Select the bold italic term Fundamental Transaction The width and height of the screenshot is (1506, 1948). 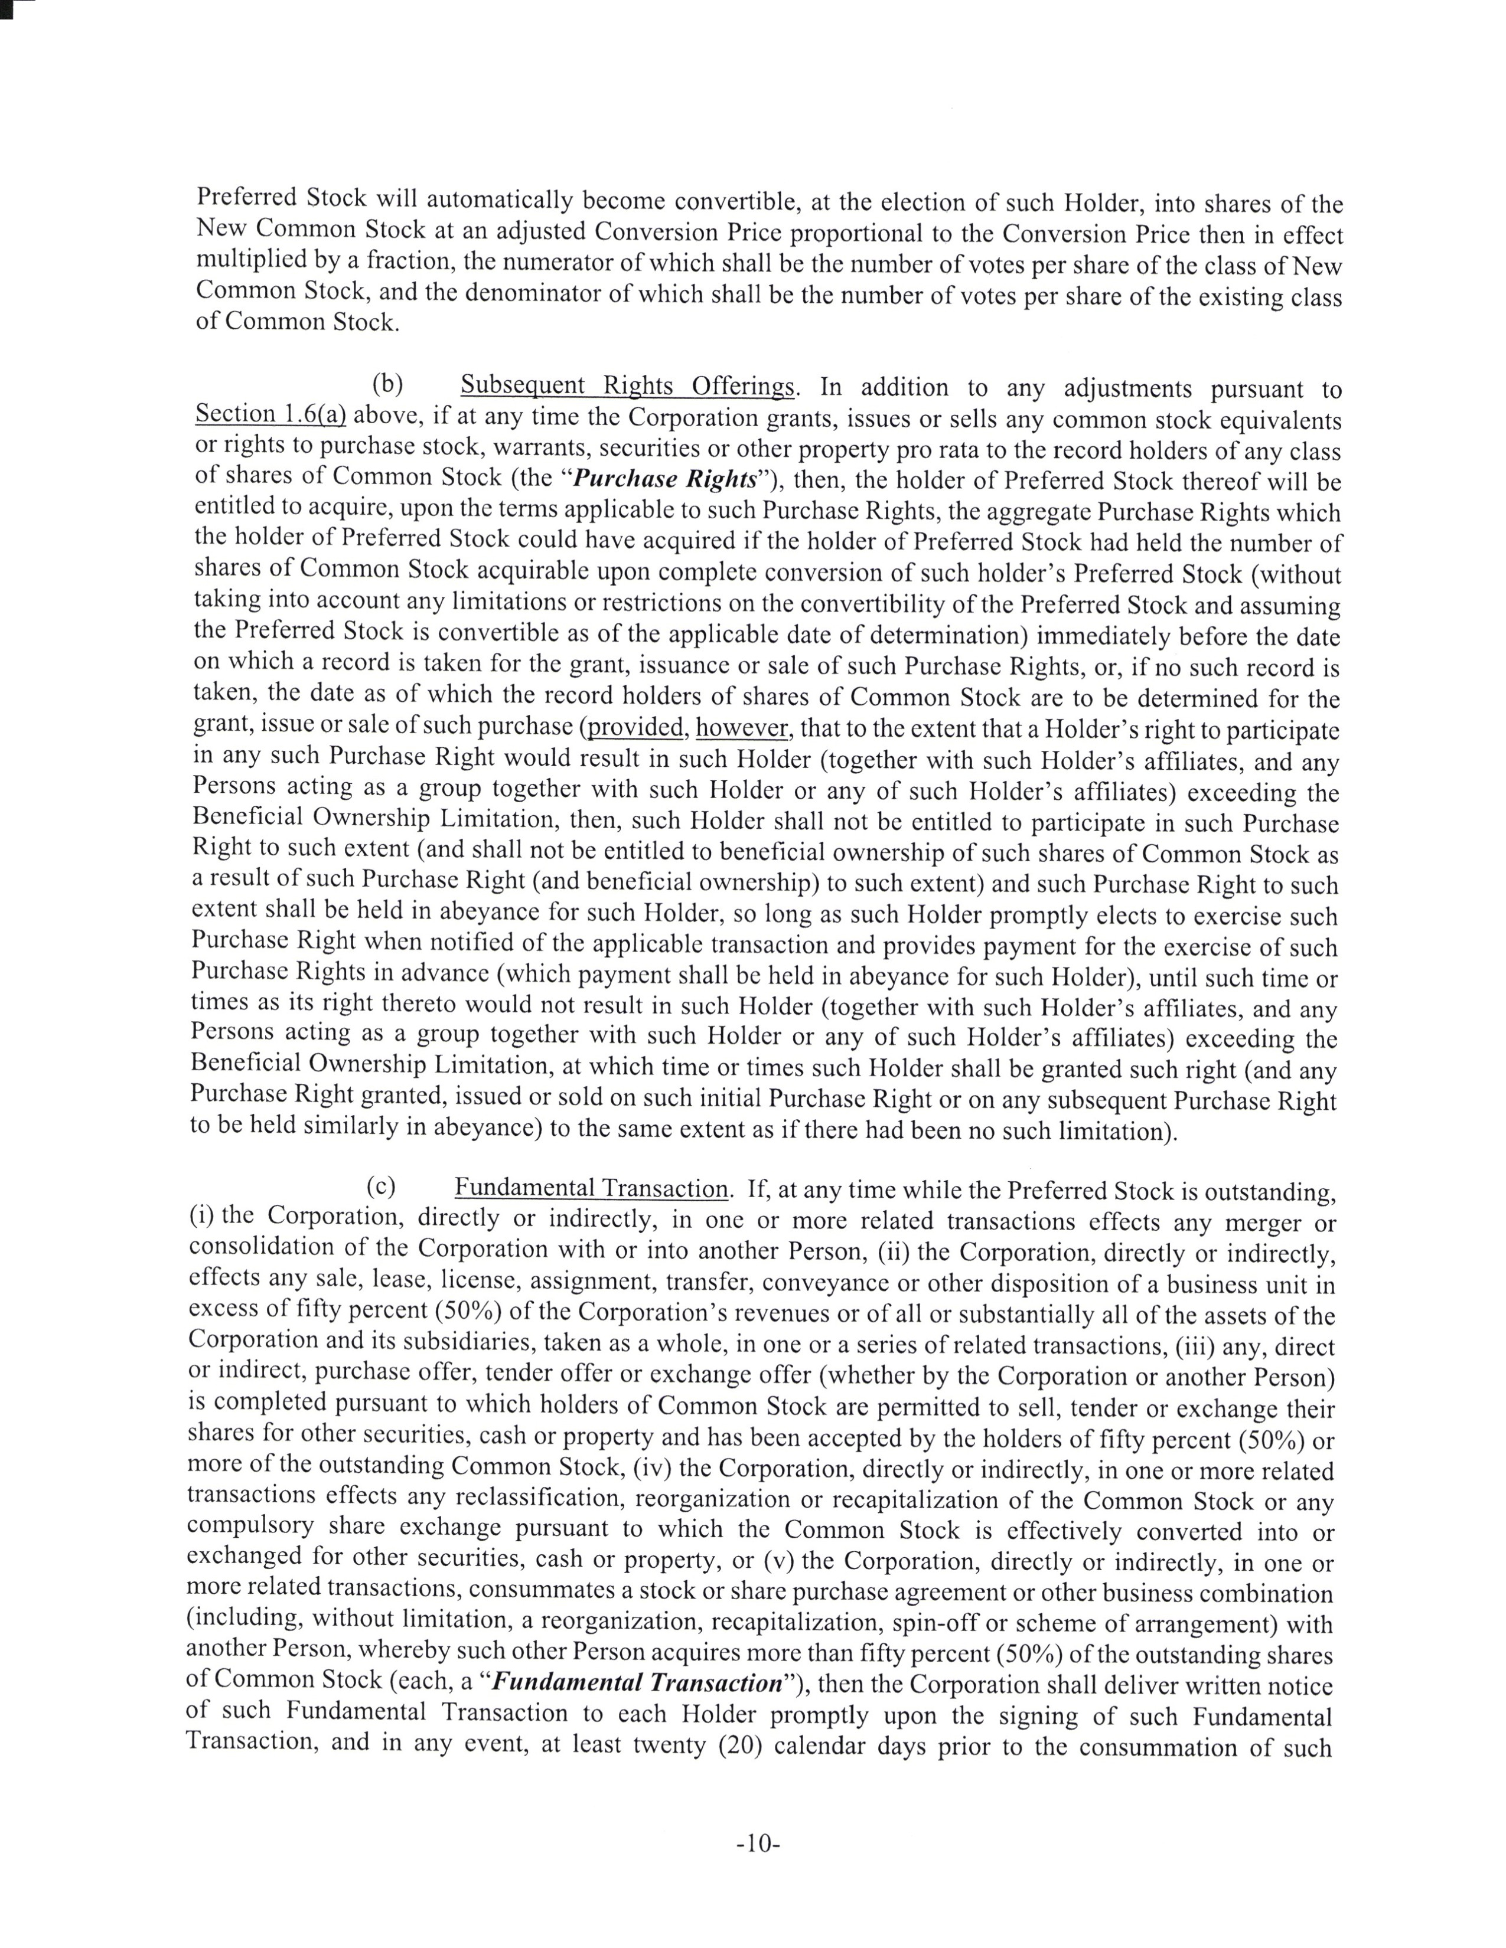[x=637, y=1683]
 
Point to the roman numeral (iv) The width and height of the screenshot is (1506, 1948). [x=683, y=1467]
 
